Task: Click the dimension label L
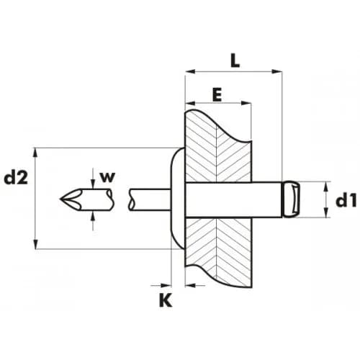pyautogui.click(x=235, y=60)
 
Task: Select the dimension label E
pyautogui.click(x=217, y=95)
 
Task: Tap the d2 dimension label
pyautogui.click(x=16, y=178)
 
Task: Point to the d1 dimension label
pyautogui.click(x=346, y=201)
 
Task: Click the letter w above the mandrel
pyautogui.click(x=108, y=177)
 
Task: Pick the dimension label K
pyautogui.click(x=166, y=300)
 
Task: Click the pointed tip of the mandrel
pyautogui.click(x=60, y=199)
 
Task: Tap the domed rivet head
pyautogui.click(x=178, y=199)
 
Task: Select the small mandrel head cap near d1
pyautogui.click(x=291, y=199)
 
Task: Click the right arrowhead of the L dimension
pyautogui.click(x=276, y=71)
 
